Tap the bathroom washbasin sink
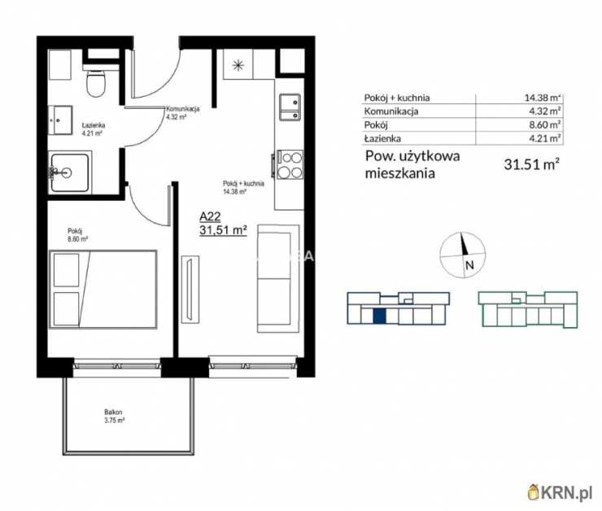pos(60,120)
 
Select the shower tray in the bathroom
pos(70,172)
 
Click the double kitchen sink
pos(290,107)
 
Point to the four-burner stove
pos(290,165)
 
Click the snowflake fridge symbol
pos(238,65)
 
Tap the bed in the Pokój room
pos(103,290)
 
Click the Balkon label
pos(113,413)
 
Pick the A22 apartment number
pos(210,216)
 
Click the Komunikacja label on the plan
pos(183,109)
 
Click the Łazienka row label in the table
pos(382,138)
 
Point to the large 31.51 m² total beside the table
pos(531,164)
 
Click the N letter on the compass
pos(469,265)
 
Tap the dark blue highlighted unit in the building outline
pos(380,316)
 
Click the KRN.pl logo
pos(561,492)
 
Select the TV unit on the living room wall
pos(190,289)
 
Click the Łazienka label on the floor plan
pos(94,125)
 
